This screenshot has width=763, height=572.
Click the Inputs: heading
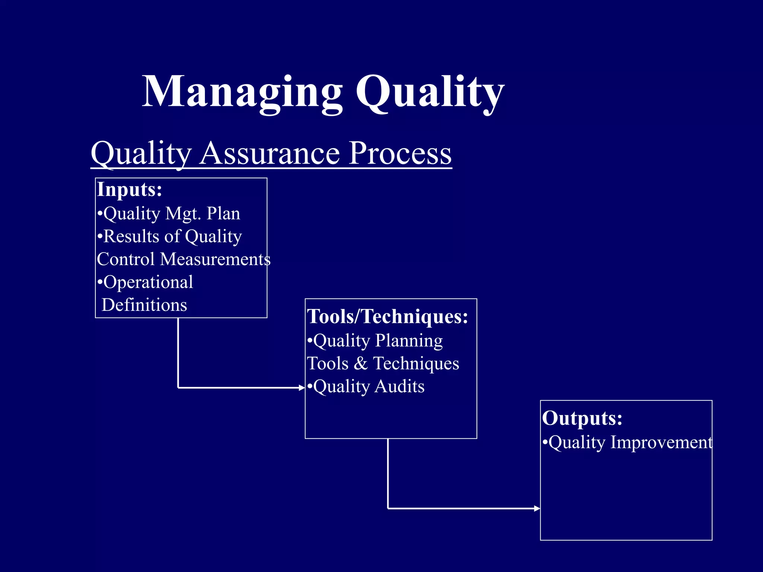[130, 190]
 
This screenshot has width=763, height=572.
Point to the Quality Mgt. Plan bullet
[168, 214]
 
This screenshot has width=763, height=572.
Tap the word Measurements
[215, 259]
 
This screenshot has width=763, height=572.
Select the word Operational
[148, 282]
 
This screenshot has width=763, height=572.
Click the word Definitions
[144, 305]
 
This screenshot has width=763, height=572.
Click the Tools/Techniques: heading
[387, 317]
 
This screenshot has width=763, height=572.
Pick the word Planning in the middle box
[409, 340]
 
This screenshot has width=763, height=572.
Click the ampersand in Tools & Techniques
[360, 363]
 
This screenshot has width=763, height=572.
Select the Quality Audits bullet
[366, 387]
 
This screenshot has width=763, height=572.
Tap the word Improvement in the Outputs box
[661, 442]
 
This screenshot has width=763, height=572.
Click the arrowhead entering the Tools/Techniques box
[302, 388]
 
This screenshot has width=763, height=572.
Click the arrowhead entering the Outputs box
[537, 508]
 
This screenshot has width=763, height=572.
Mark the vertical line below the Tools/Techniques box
[388, 473]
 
